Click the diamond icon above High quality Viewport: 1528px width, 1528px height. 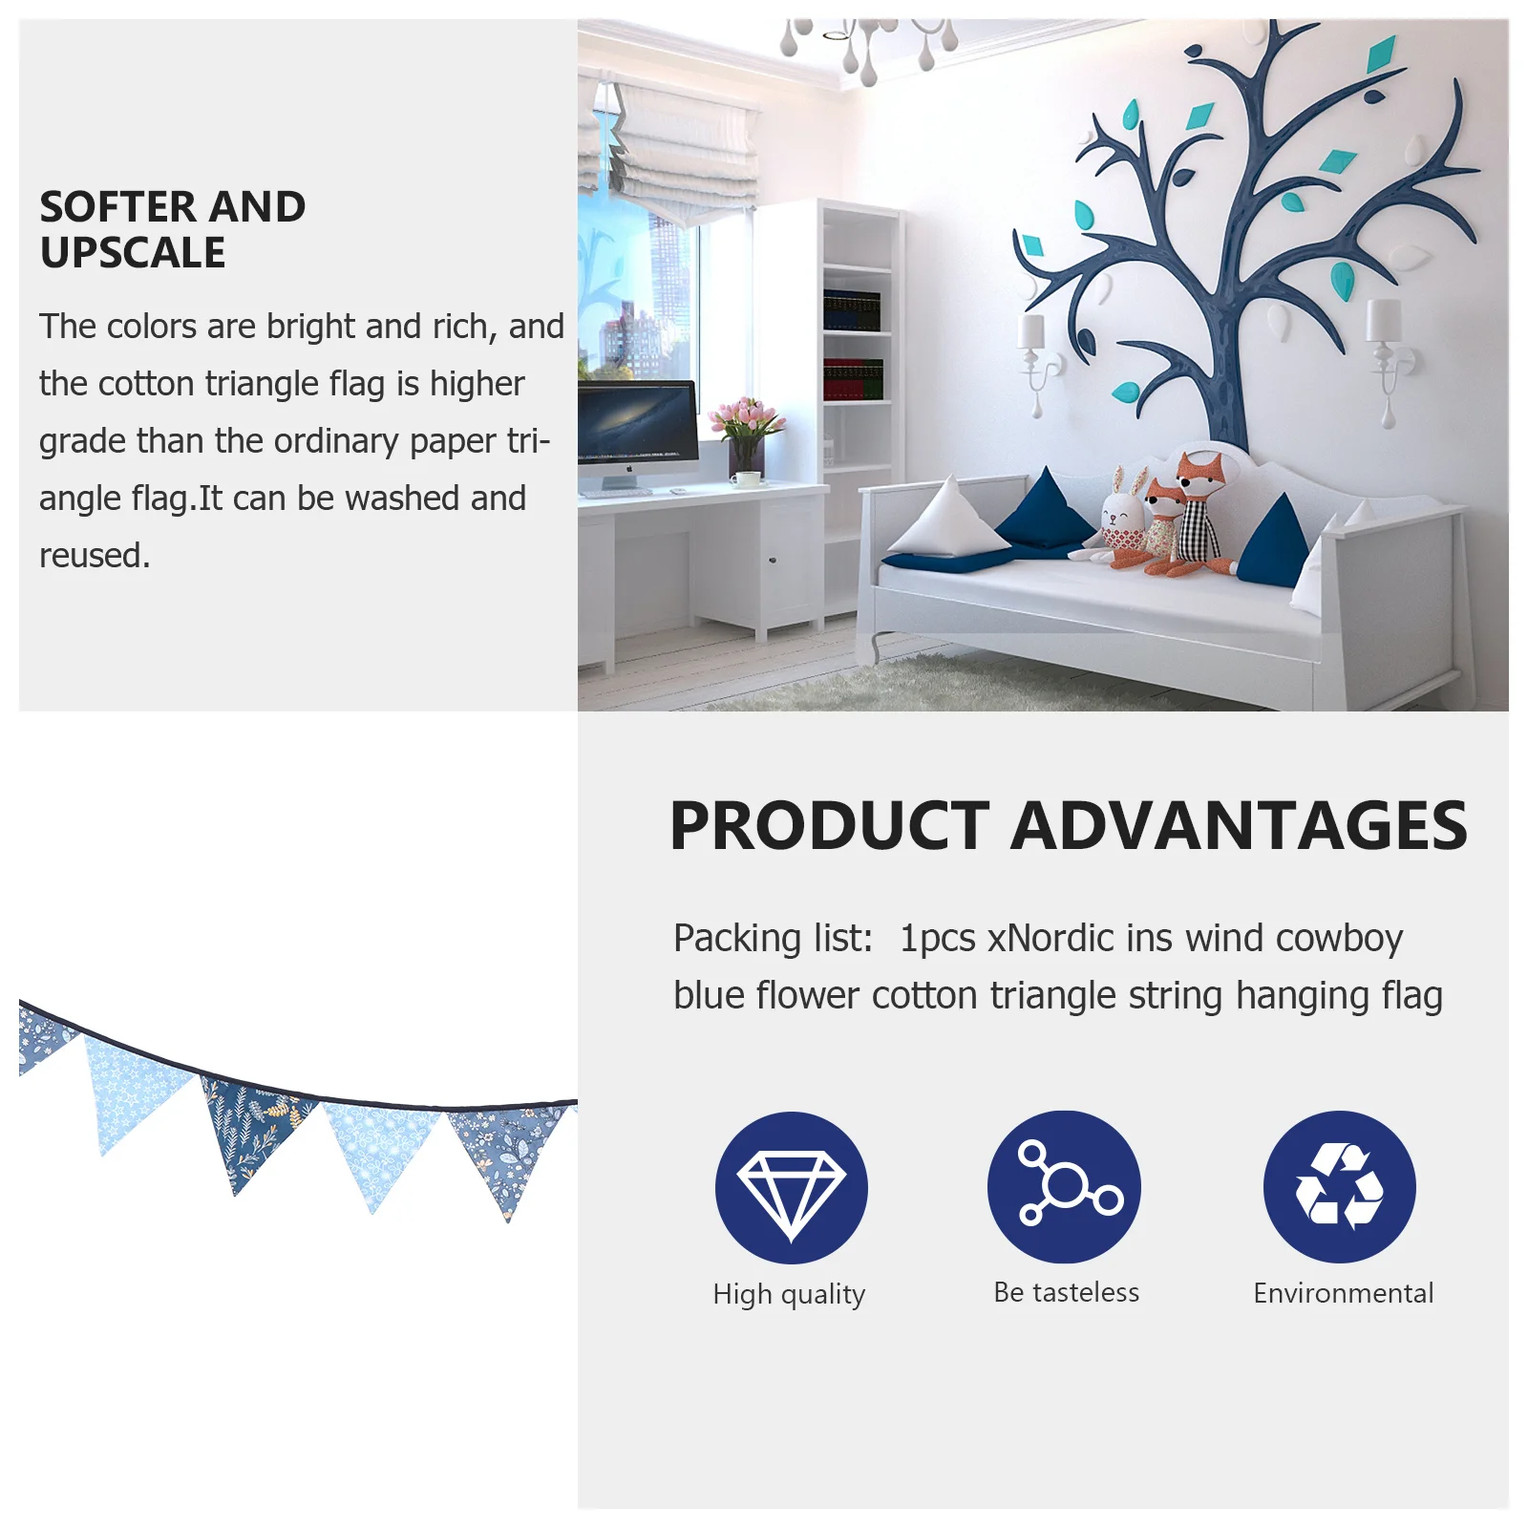click(x=791, y=1187)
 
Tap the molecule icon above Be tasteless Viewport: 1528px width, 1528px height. click(x=1064, y=1186)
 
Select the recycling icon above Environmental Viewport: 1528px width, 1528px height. click(x=1339, y=1186)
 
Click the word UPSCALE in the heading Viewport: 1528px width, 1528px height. click(x=133, y=253)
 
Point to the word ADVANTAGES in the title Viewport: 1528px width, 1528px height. click(x=1239, y=826)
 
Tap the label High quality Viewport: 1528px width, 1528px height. click(x=789, y=1294)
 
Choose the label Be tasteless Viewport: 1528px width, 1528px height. click(x=1066, y=1292)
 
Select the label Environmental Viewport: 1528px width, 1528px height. click(x=1343, y=1293)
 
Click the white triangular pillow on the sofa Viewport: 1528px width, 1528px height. click(x=947, y=520)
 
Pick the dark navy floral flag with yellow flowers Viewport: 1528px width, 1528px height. click(x=250, y=1127)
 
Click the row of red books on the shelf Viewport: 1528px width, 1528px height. click(x=853, y=379)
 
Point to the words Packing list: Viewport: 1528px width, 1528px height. click(x=773, y=939)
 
